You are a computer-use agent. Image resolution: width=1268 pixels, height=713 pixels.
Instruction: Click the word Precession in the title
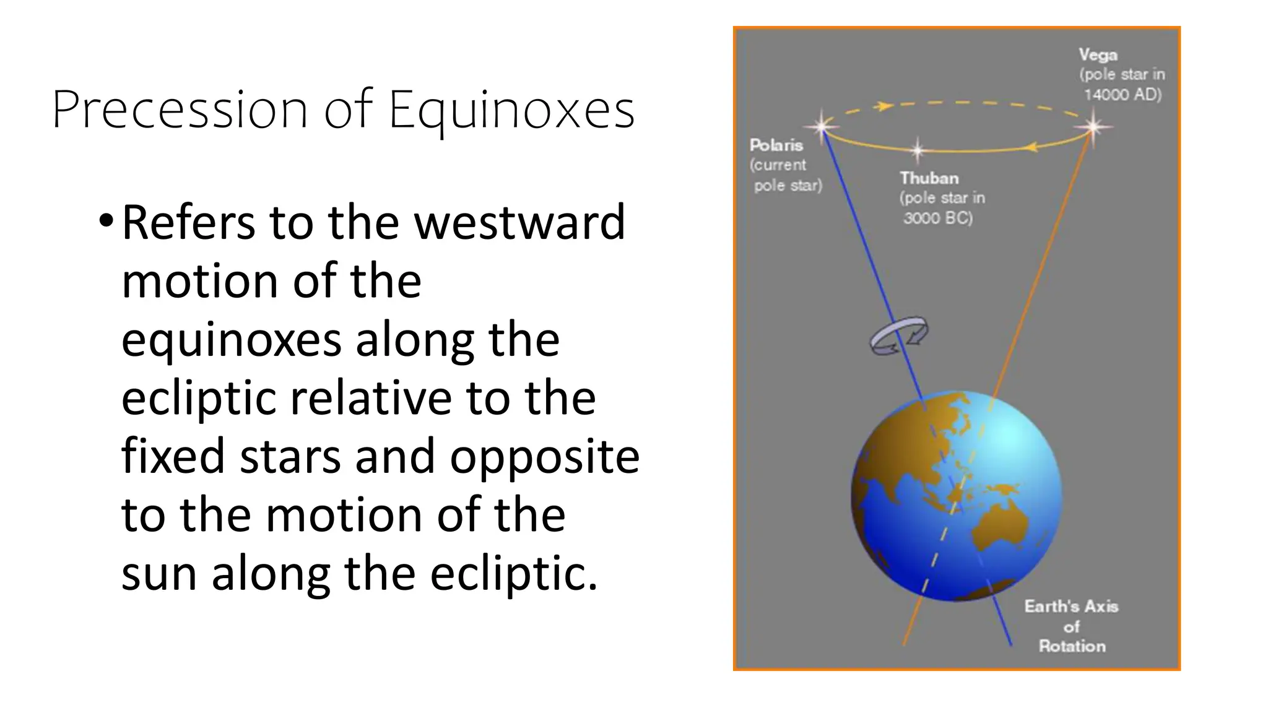point(180,110)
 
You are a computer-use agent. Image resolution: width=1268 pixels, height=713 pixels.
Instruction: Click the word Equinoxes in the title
point(511,110)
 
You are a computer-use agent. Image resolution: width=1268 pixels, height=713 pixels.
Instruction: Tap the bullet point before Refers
point(106,221)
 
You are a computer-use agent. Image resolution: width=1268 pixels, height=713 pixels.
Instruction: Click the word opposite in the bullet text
point(544,456)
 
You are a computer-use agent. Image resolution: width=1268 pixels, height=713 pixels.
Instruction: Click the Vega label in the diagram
point(1098,55)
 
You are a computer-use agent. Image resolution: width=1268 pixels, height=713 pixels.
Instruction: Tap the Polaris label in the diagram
point(776,145)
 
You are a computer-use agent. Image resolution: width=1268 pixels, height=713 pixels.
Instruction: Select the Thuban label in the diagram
point(929,178)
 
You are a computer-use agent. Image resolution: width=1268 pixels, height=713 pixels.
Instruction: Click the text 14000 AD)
point(1123,95)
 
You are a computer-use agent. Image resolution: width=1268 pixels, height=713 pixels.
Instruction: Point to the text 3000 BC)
point(937,218)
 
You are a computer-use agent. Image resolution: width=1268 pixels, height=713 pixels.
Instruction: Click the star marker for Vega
point(1093,127)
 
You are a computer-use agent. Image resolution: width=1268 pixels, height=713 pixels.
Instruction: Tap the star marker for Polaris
point(822,127)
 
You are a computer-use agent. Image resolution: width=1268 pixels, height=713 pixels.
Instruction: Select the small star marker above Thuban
point(918,149)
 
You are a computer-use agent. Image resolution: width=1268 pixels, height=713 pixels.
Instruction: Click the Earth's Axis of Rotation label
point(1071,626)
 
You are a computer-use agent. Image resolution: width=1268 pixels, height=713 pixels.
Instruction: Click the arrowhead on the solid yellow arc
point(1030,147)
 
